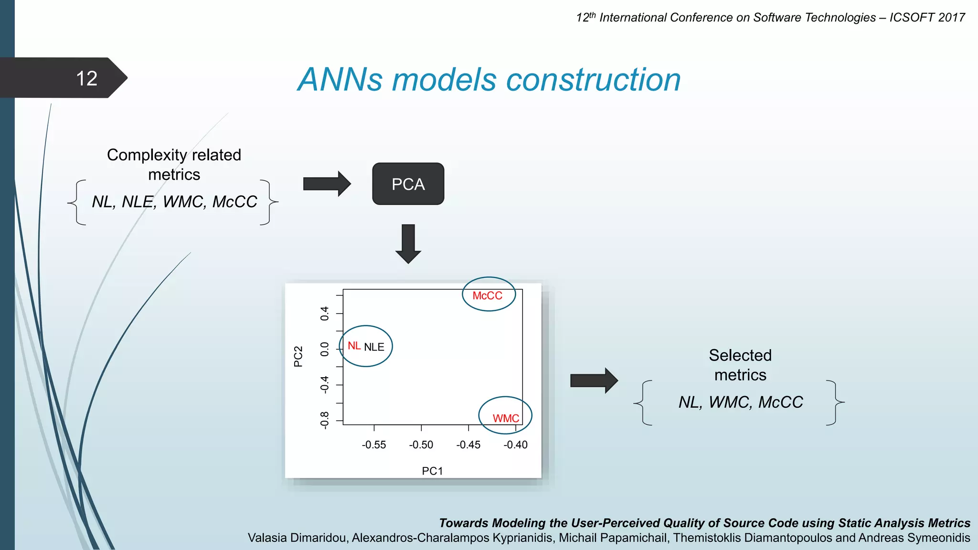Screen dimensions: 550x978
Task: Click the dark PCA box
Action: click(x=408, y=184)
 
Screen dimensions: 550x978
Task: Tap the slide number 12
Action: click(x=86, y=78)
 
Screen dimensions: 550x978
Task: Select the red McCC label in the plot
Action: click(x=487, y=296)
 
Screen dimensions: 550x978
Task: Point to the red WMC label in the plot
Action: click(x=505, y=418)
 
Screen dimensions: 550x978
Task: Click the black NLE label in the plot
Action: click(x=374, y=347)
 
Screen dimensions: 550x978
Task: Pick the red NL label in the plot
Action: click(x=354, y=346)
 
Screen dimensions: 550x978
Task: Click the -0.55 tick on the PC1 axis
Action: click(x=373, y=444)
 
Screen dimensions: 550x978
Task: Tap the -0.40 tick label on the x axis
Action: click(x=515, y=444)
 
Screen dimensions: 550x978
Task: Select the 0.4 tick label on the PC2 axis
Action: click(x=325, y=313)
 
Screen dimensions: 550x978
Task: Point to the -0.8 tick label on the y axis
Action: click(x=325, y=420)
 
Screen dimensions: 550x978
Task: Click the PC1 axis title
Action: click(x=432, y=471)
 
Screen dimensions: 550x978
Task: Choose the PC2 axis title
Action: click(x=298, y=356)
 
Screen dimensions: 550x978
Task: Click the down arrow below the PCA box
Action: click(x=408, y=243)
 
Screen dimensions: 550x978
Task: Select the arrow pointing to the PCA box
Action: click(x=327, y=183)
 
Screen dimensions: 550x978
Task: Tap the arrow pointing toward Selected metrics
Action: click(x=594, y=381)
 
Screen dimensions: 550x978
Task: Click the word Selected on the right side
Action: click(x=740, y=355)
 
